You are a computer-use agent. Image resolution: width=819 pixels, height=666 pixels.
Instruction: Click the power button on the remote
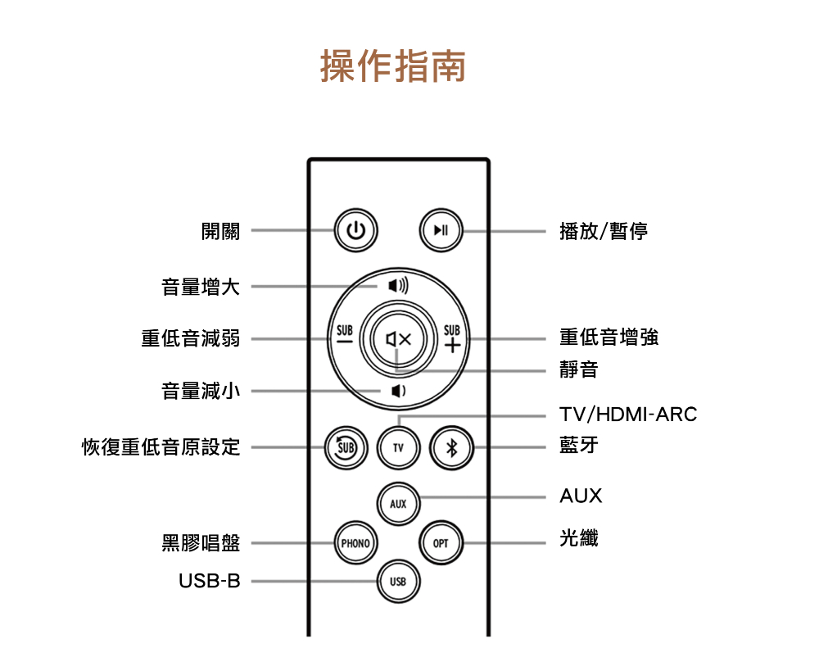355,231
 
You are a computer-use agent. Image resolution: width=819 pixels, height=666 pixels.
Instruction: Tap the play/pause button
441,231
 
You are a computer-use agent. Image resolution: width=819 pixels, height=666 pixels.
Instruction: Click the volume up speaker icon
397,286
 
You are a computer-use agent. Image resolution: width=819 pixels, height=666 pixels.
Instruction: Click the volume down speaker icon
397,392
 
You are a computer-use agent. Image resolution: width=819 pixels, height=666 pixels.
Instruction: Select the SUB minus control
344,338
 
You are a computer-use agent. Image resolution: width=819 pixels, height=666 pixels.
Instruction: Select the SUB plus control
451,338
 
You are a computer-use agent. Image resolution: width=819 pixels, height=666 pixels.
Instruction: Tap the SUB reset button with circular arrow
346,448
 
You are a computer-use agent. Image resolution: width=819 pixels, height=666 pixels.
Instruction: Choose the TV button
398,448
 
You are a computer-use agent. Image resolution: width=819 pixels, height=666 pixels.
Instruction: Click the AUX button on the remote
398,503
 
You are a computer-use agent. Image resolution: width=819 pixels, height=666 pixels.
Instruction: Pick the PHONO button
355,542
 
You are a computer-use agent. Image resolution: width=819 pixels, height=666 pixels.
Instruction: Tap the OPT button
441,542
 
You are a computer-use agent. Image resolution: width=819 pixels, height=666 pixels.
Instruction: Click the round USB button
398,582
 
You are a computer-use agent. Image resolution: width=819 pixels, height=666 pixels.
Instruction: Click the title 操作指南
392,66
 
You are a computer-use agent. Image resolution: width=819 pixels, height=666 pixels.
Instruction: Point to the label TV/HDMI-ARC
628,415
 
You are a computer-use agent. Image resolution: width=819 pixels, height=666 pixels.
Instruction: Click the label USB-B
210,582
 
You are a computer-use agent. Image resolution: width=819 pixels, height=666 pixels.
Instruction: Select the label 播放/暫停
604,232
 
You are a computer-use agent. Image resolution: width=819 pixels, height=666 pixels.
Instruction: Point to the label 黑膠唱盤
201,542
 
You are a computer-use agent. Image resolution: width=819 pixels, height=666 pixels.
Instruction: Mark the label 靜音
578,370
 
